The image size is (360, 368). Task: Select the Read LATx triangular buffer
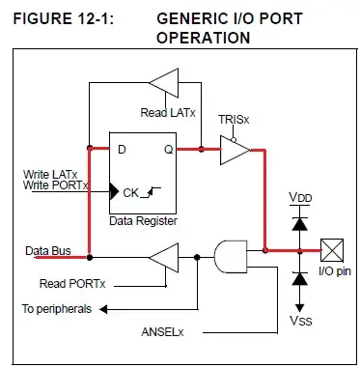[x=167, y=84]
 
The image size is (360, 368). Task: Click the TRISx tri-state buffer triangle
[x=234, y=149]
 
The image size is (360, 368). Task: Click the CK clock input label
[x=130, y=192]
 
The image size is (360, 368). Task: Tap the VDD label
[x=300, y=197]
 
